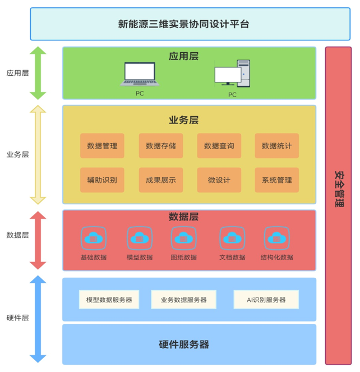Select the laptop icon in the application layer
click(x=140, y=75)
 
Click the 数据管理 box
click(x=102, y=146)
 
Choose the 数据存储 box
click(x=160, y=146)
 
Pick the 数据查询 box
click(x=219, y=146)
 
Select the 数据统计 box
click(x=276, y=146)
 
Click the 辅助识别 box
click(x=102, y=180)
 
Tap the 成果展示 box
click(x=160, y=180)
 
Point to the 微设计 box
click(x=219, y=180)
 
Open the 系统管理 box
click(x=276, y=180)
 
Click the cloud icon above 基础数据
click(x=93, y=238)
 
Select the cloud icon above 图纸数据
click(x=183, y=238)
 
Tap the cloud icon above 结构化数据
click(x=276, y=238)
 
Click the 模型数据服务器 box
click(x=109, y=300)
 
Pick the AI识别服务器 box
click(x=266, y=300)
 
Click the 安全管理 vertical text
click(x=339, y=189)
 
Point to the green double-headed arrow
click(x=38, y=73)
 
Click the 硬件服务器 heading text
click(x=184, y=344)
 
